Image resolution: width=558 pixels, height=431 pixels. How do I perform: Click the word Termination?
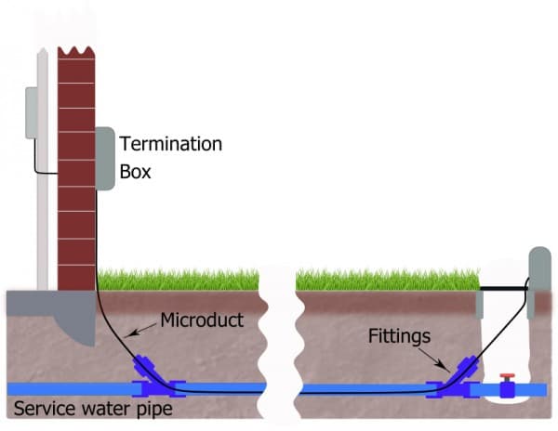click(171, 144)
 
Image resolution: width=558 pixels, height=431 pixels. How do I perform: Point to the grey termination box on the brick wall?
click(105, 159)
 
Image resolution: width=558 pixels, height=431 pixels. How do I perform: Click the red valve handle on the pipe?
click(507, 378)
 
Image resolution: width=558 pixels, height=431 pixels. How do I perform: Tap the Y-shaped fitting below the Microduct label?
click(150, 374)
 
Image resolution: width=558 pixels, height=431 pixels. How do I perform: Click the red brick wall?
click(76, 167)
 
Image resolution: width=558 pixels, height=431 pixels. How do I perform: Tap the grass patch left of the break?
click(181, 279)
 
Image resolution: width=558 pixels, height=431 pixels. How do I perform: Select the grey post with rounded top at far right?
click(539, 279)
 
